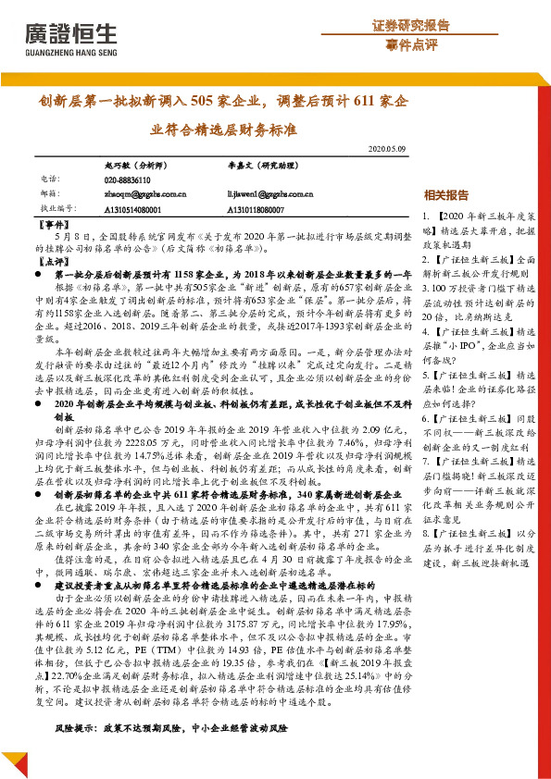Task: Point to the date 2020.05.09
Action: coord(387,148)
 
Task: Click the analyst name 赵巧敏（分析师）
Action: coord(134,164)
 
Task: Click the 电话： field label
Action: coord(52,179)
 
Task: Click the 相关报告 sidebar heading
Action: coord(445,195)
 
